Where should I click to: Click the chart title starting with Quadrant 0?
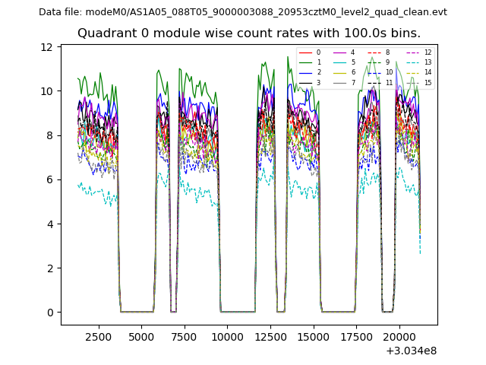tap(249, 33)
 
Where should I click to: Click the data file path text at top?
tap(243, 11)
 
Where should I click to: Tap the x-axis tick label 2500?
tap(98, 336)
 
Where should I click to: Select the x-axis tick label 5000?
tap(141, 336)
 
